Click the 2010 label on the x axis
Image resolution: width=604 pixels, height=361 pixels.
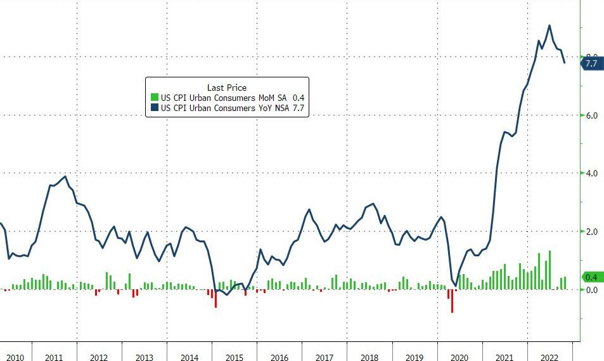[x=15, y=357]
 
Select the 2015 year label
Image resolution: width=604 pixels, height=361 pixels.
[x=235, y=357]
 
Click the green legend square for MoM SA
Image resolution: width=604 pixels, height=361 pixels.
[x=154, y=98]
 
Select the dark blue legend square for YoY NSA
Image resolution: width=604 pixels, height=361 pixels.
[x=154, y=108]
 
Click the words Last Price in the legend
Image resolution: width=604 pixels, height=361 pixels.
[x=226, y=87]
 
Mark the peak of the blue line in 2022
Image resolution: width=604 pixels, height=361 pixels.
[x=549, y=26]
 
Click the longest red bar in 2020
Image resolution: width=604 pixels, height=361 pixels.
[x=453, y=301]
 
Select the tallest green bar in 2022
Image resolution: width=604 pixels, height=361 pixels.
[x=549, y=270]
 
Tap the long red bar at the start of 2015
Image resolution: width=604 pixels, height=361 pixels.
[x=215, y=298]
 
